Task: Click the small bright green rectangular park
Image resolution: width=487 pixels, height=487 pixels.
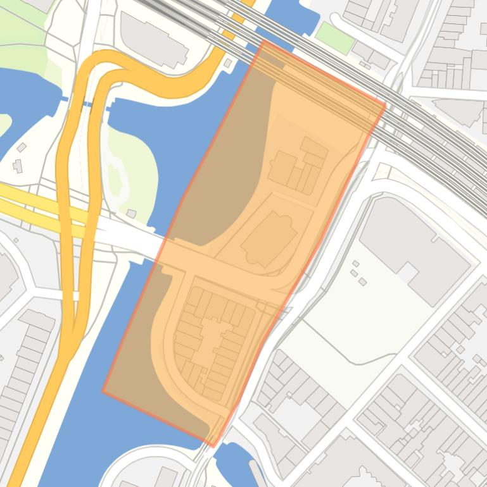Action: tap(335, 38)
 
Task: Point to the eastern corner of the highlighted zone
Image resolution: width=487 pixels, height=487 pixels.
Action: tap(385, 105)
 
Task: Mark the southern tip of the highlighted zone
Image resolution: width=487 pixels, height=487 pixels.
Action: tap(212, 445)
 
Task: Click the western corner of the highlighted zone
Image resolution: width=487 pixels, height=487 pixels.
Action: tap(103, 391)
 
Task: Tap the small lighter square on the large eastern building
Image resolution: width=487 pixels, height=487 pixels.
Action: tap(407, 272)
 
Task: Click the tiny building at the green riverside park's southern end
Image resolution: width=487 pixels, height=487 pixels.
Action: tap(131, 214)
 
